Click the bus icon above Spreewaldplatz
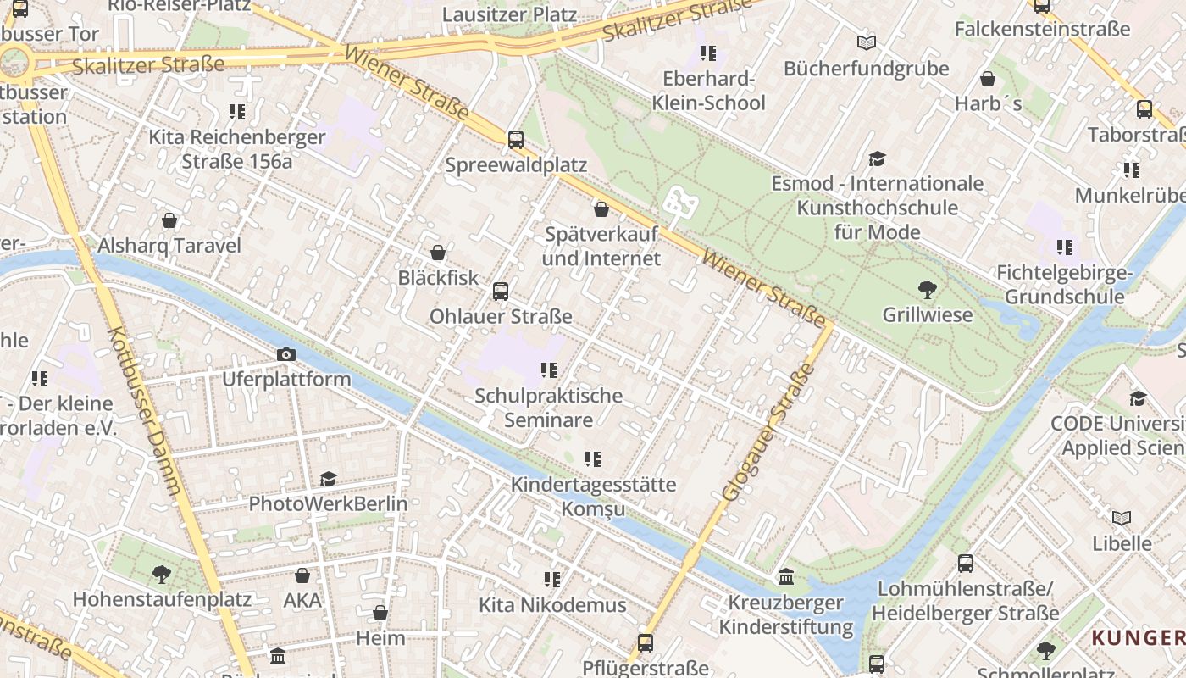515,140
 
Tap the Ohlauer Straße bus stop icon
501,292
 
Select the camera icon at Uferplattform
286,354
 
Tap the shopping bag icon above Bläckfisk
438,253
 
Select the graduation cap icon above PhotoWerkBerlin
328,480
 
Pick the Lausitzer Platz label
509,14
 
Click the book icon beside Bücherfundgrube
866,43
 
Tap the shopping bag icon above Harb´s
988,80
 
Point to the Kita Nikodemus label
552,605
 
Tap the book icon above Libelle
1122,518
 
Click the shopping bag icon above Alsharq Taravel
169,221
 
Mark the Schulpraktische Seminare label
548,408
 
